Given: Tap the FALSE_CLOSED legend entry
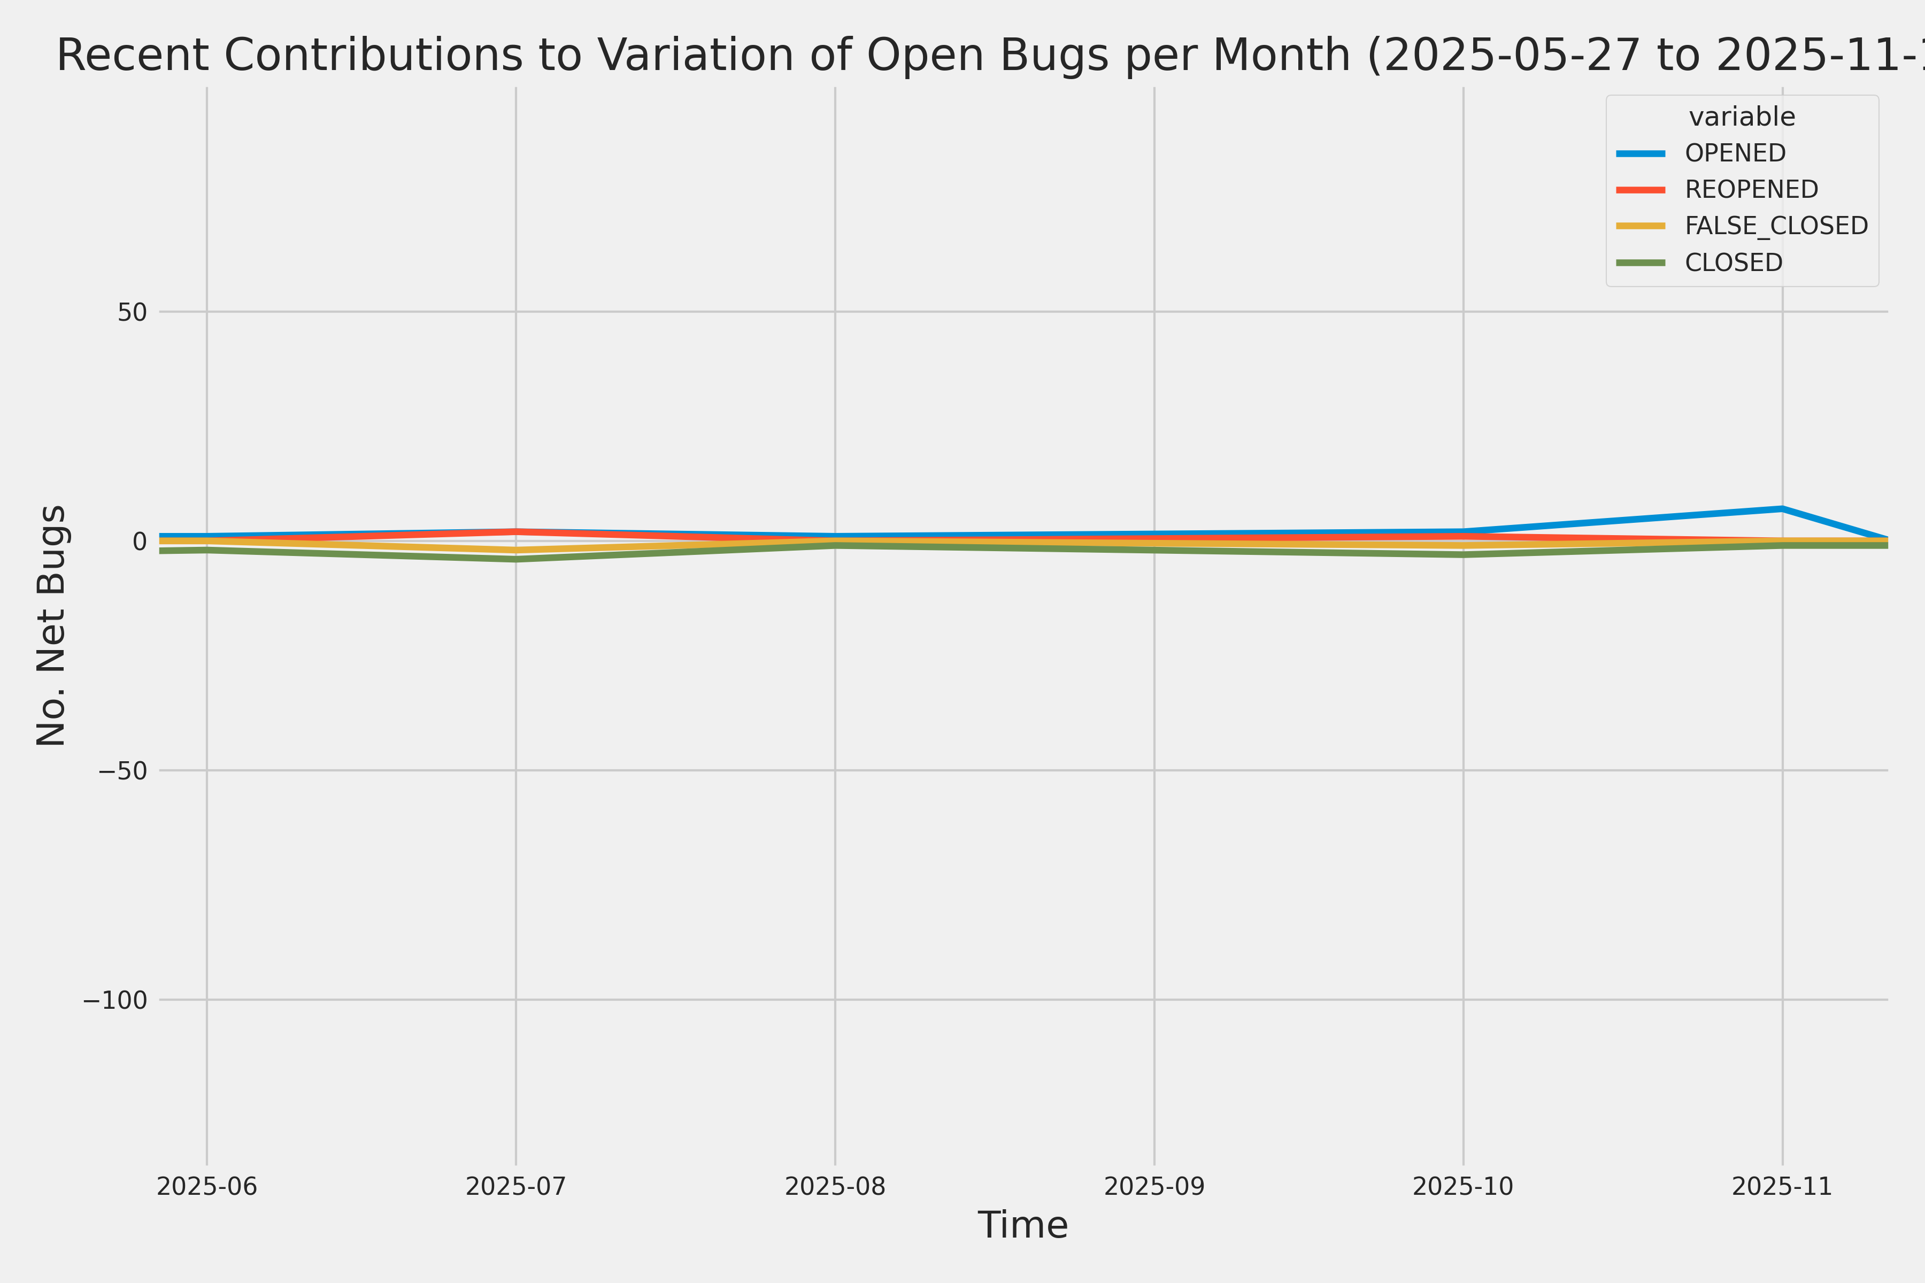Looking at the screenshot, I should [1775, 226].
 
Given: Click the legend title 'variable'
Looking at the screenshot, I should [1742, 117].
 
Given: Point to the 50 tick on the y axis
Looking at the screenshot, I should [132, 312].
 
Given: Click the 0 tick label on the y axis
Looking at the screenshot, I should [139, 541].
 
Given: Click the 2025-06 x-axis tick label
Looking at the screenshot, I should [207, 1186].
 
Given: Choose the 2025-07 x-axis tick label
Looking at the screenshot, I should [515, 1186].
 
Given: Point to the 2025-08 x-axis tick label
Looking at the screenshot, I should [835, 1186].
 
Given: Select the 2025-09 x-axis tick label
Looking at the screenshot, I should [1154, 1186].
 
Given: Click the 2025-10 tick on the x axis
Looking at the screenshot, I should [1464, 1186].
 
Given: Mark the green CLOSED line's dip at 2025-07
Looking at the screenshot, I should [515, 560].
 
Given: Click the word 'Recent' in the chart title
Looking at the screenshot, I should [132, 56].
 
